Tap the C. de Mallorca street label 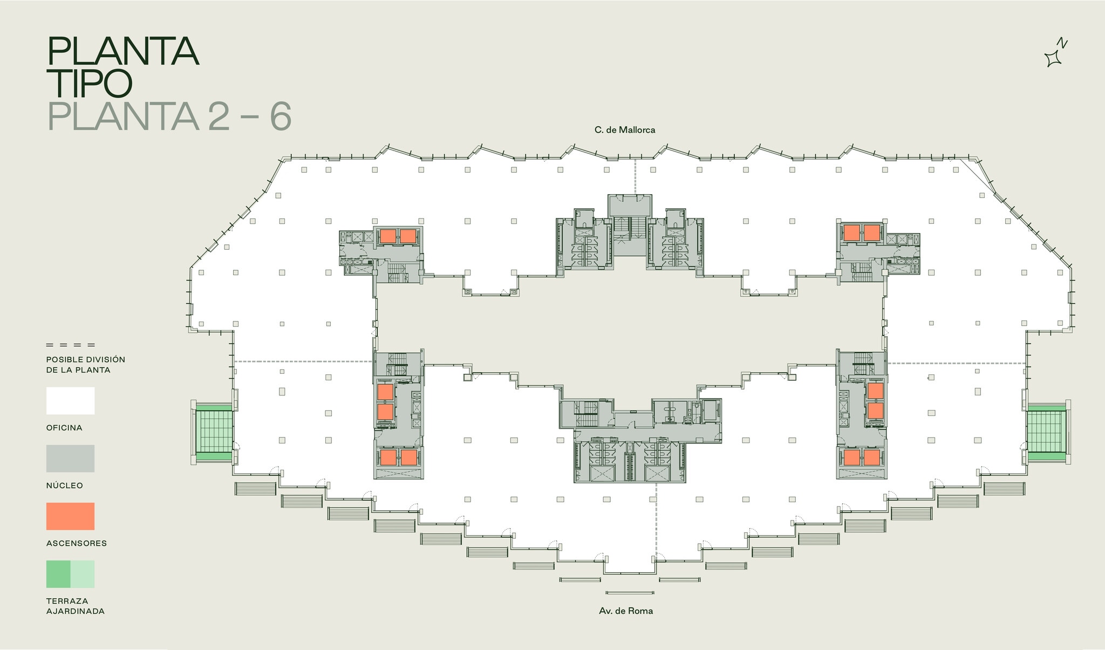[x=624, y=130]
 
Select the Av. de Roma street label [x=625, y=611]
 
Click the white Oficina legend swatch [x=70, y=401]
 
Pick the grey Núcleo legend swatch [x=70, y=459]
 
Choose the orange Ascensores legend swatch [x=70, y=516]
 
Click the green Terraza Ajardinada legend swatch [x=70, y=574]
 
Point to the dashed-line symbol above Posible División [x=70, y=345]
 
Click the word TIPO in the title [x=90, y=84]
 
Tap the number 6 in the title [x=281, y=116]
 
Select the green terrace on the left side [x=214, y=432]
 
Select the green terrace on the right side [x=1046, y=432]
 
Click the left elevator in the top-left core [x=387, y=236]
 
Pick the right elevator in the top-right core [x=872, y=232]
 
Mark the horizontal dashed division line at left [x=302, y=361]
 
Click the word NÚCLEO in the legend [x=65, y=485]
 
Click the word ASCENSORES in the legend [x=76, y=543]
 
